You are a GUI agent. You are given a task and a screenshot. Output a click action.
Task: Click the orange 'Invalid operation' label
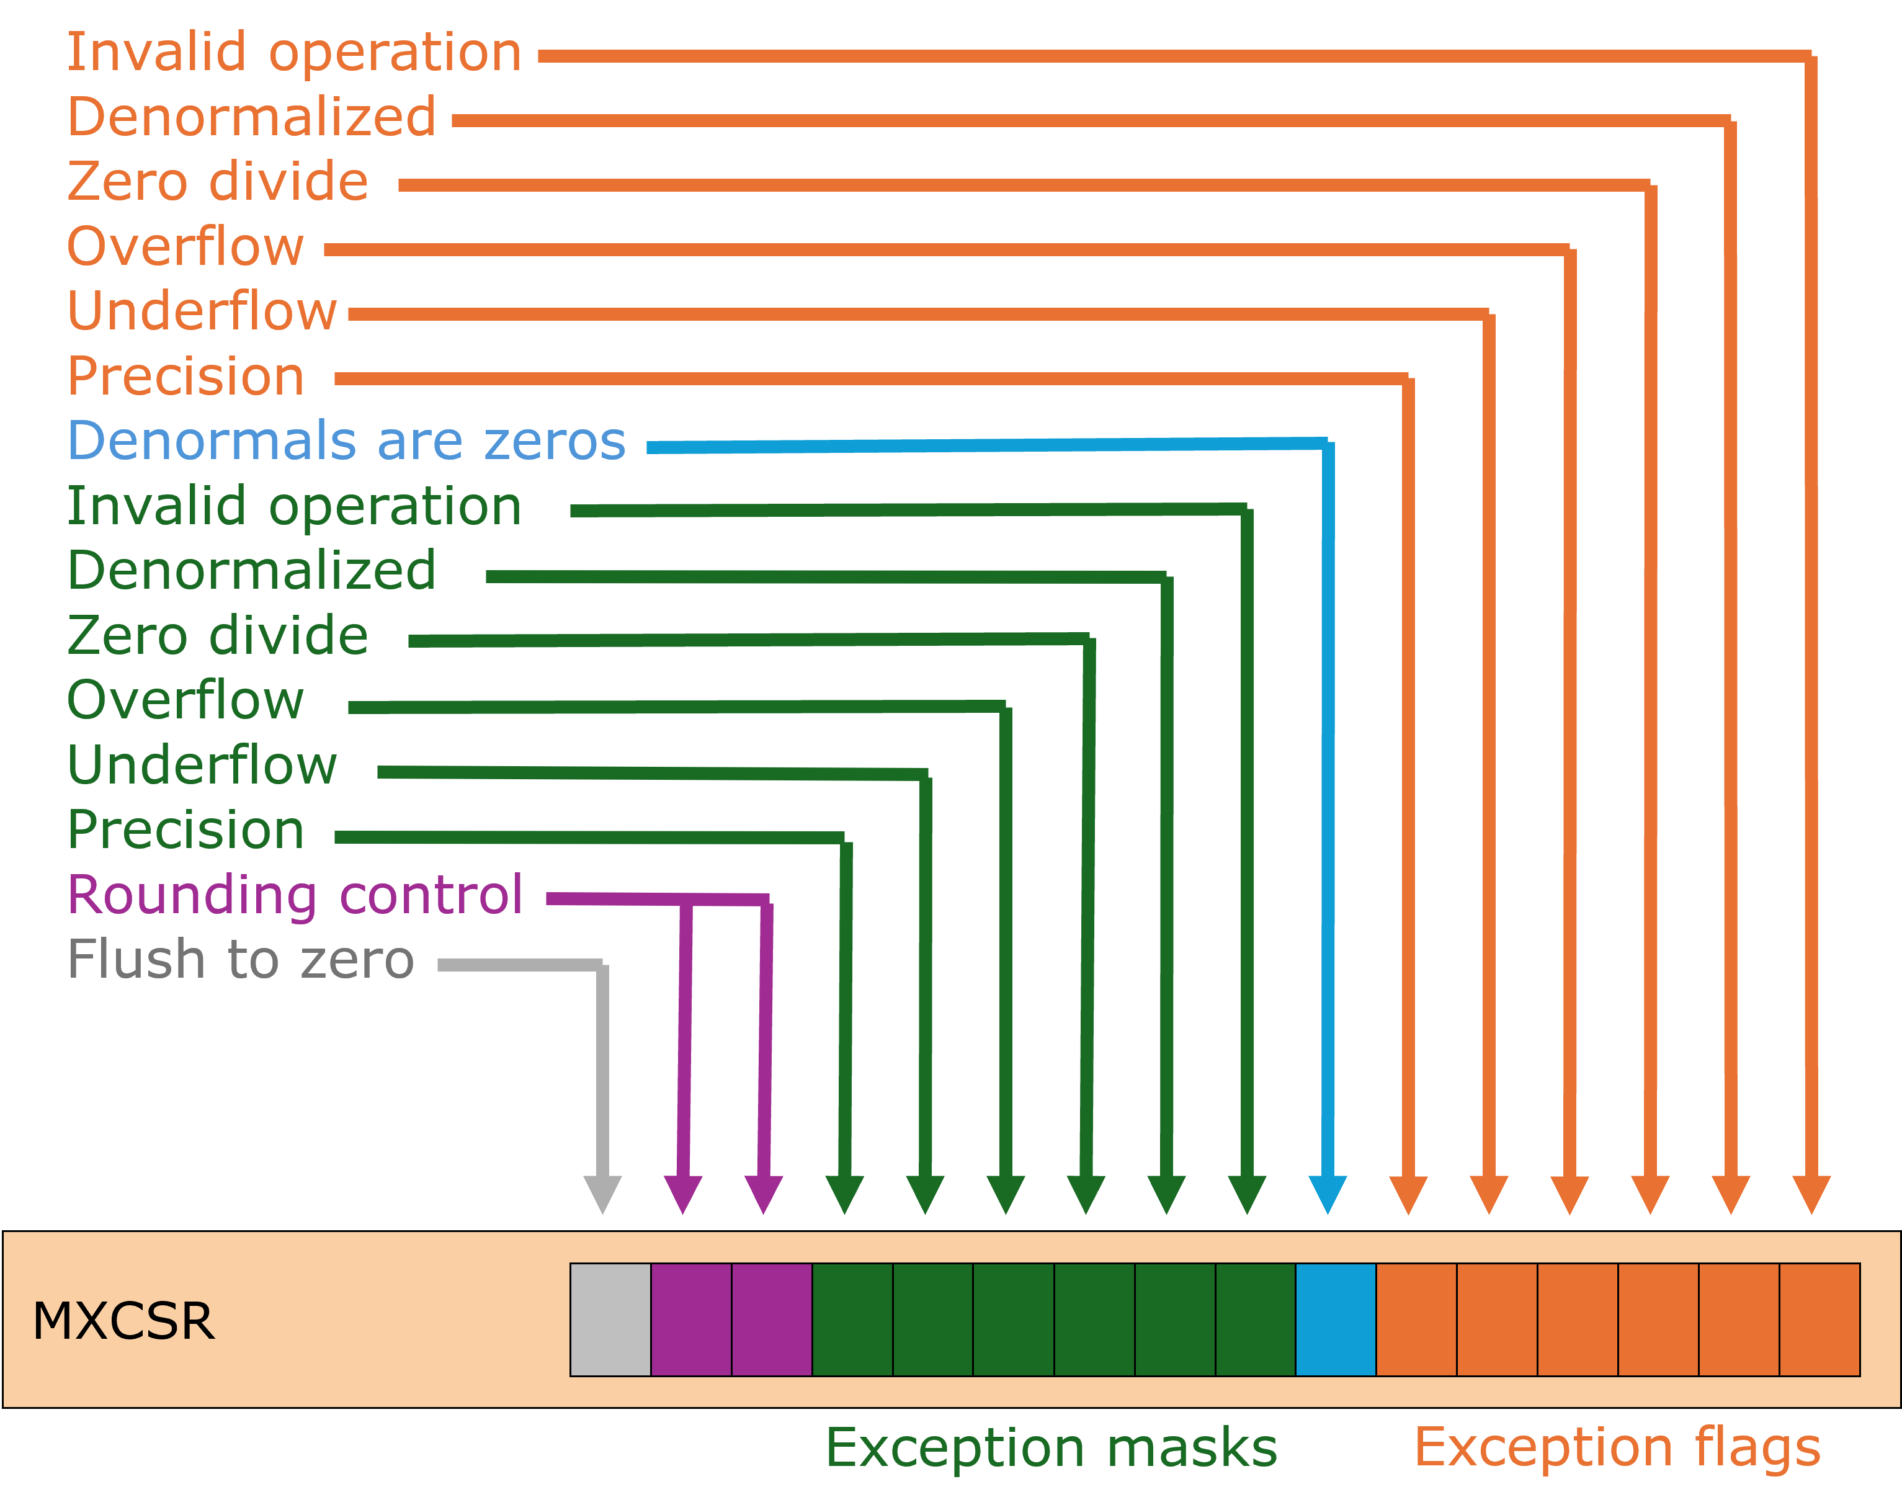click(294, 53)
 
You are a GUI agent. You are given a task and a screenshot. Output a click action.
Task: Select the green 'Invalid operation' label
click(294, 507)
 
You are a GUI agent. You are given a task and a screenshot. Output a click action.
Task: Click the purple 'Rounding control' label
click(295, 895)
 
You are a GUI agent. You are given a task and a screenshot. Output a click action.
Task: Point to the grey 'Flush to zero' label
click(240, 960)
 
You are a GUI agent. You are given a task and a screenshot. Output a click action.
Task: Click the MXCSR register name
click(123, 1321)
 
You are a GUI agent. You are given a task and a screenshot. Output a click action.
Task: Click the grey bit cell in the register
click(610, 1320)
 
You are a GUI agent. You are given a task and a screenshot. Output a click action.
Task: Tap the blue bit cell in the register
click(1336, 1320)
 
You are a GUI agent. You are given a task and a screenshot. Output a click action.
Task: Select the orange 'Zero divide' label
click(217, 182)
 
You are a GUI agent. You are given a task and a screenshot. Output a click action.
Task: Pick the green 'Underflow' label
click(202, 765)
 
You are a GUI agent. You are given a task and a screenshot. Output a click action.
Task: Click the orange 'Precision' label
click(185, 377)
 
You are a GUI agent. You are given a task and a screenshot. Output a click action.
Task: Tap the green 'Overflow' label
click(185, 700)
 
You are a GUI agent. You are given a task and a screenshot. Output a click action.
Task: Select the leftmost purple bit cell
click(690, 1320)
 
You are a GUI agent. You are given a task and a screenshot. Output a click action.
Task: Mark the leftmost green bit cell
click(852, 1320)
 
